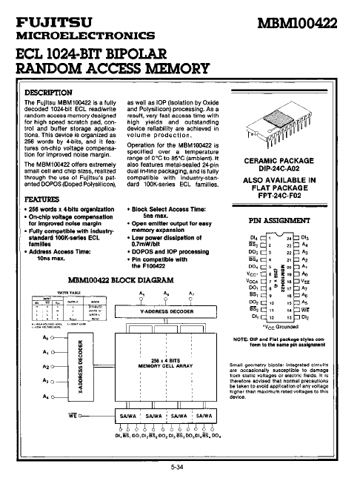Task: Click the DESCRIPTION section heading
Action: (47, 91)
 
